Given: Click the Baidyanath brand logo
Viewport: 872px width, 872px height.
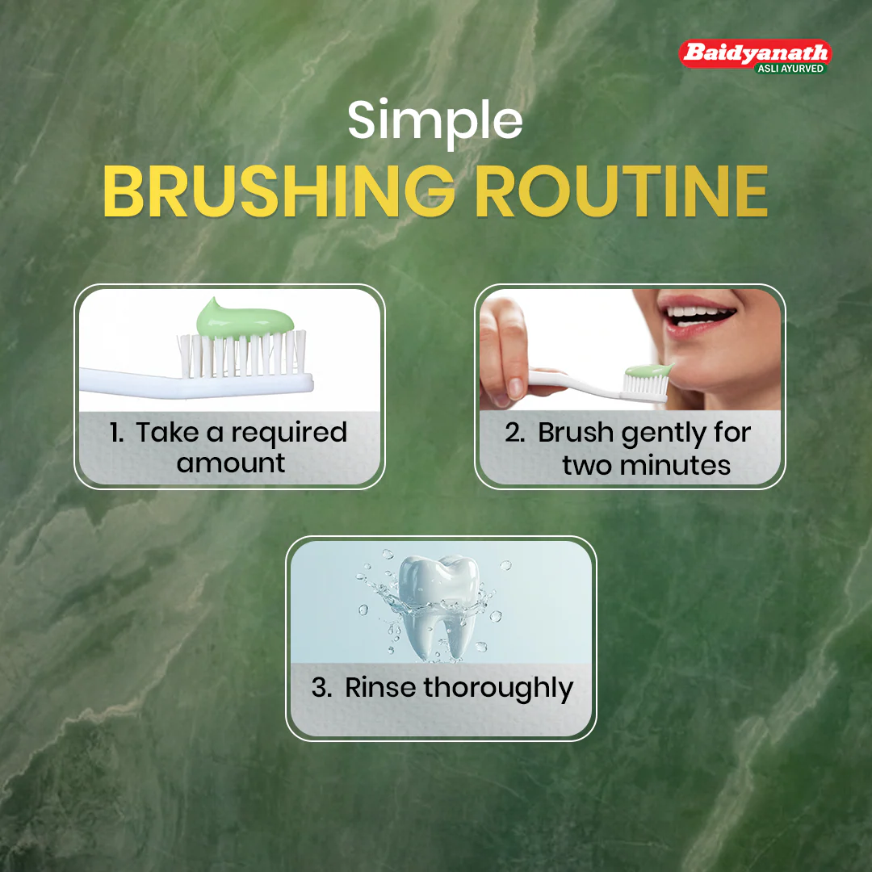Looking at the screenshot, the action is coord(755,57).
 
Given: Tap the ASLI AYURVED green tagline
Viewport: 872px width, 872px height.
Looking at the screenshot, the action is coord(790,69).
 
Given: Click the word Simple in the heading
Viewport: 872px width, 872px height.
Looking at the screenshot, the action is coord(435,121).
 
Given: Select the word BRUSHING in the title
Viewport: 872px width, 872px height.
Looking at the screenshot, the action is coord(279,191).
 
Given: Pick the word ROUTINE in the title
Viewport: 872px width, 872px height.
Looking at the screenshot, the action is coord(622,191).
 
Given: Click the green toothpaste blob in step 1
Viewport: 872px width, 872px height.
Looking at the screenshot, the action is coord(245,319).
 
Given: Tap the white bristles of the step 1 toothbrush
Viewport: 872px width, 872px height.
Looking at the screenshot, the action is coord(242,354).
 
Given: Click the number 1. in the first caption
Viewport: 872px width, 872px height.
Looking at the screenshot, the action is coord(116,433).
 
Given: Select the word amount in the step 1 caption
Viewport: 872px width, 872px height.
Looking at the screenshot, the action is coord(231,463).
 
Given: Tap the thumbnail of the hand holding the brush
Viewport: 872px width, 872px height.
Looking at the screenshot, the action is coord(515,387).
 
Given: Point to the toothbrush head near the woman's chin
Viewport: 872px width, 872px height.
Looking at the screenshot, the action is coord(647,384).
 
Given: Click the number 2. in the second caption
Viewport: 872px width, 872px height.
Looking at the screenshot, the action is coord(515,433).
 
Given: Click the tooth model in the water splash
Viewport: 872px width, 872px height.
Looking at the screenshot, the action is coord(439,606).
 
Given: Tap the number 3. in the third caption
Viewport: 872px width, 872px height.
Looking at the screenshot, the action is coord(321,687).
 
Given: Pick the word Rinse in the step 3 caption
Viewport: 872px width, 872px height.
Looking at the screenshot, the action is coord(379,687).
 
